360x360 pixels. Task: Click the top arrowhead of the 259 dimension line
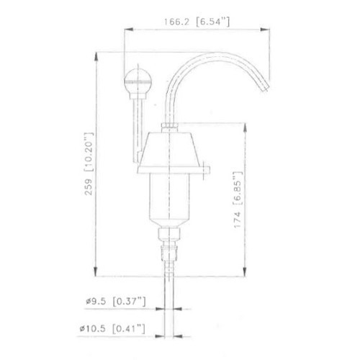pyautogui.click(x=96, y=53)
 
